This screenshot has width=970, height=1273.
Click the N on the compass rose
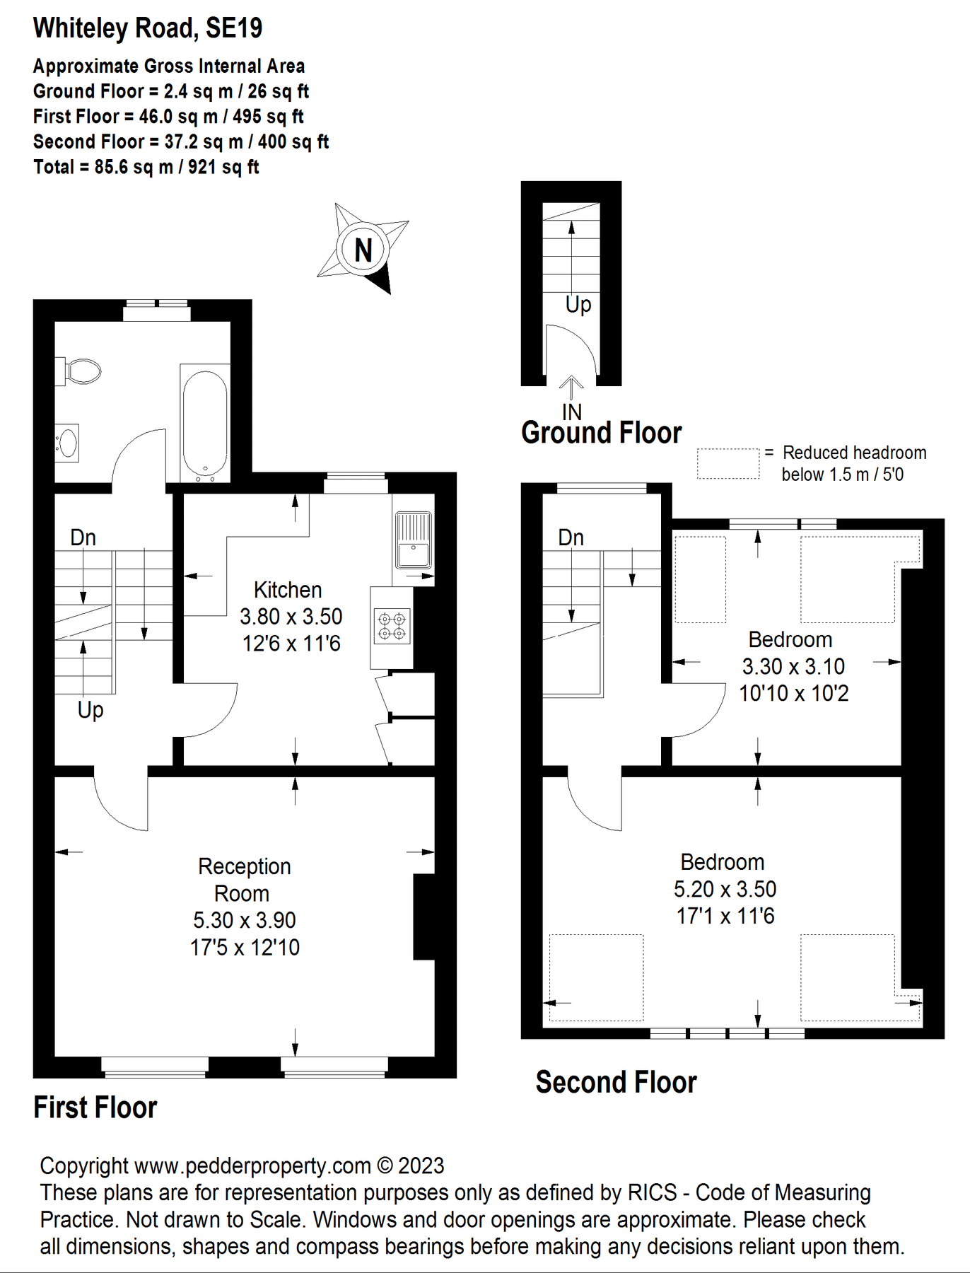click(363, 250)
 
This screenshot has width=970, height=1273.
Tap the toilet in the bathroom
click(79, 371)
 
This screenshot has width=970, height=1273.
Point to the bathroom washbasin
click(67, 443)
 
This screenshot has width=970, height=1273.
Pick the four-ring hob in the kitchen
click(392, 626)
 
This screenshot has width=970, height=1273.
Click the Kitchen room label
click(288, 590)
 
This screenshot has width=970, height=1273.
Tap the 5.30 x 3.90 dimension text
click(245, 920)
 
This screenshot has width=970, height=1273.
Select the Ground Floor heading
click(601, 433)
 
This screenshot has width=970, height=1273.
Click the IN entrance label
click(572, 412)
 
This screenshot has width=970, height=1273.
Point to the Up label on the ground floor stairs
click(578, 305)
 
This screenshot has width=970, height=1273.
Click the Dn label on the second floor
click(571, 537)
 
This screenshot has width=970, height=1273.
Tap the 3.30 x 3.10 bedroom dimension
click(793, 666)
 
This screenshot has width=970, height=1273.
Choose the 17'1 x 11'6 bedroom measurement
click(725, 917)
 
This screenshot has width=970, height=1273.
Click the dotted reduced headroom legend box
click(728, 464)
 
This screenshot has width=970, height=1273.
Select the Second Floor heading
click(616, 1082)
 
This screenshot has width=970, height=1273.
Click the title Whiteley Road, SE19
click(148, 28)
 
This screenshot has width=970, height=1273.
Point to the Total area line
click(146, 168)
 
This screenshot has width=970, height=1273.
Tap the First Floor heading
click(95, 1108)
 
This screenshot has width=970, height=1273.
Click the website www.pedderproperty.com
click(252, 1166)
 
